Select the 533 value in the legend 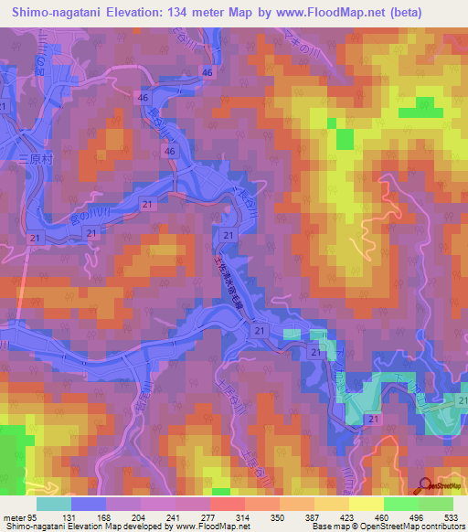coord(452,516)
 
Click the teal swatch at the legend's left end coord(54,504)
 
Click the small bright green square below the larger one coord(344,139)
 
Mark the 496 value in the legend coord(418,516)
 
